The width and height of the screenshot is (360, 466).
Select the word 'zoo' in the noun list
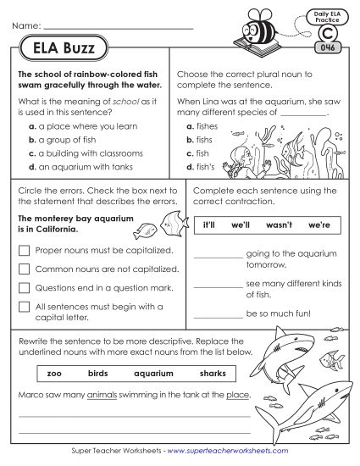55,373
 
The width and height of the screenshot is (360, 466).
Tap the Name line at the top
119,31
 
